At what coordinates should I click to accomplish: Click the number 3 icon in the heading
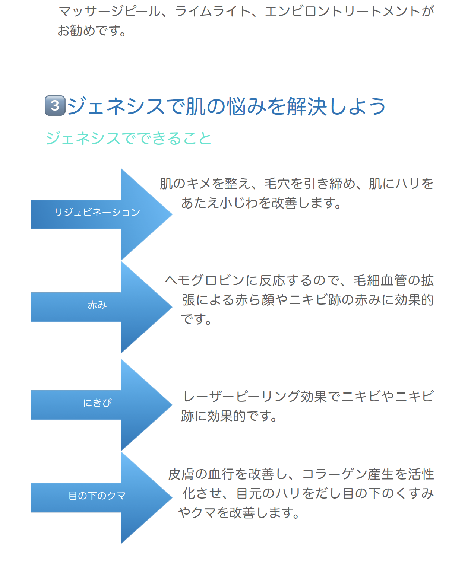click(x=55, y=105)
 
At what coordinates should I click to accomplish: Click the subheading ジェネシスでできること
click(x=129, y=138)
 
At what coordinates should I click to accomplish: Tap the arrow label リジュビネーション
click(x=97, y=212)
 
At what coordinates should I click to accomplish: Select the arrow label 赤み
click(x=97, y=305)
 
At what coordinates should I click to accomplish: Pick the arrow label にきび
click(x=97, y=403)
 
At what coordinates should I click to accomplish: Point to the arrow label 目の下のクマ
click(x=97, y=496)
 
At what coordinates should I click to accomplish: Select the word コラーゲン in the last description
click(x=334, y=474)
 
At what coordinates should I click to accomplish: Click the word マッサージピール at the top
click(x=109, y=11)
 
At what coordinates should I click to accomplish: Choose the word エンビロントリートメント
click(x=342, y=11)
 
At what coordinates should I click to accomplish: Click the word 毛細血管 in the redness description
click(x=380, y=280)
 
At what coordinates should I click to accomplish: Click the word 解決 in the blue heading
click(x=307, y=106)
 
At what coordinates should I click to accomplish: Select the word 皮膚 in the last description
click(x=181, y=474)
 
